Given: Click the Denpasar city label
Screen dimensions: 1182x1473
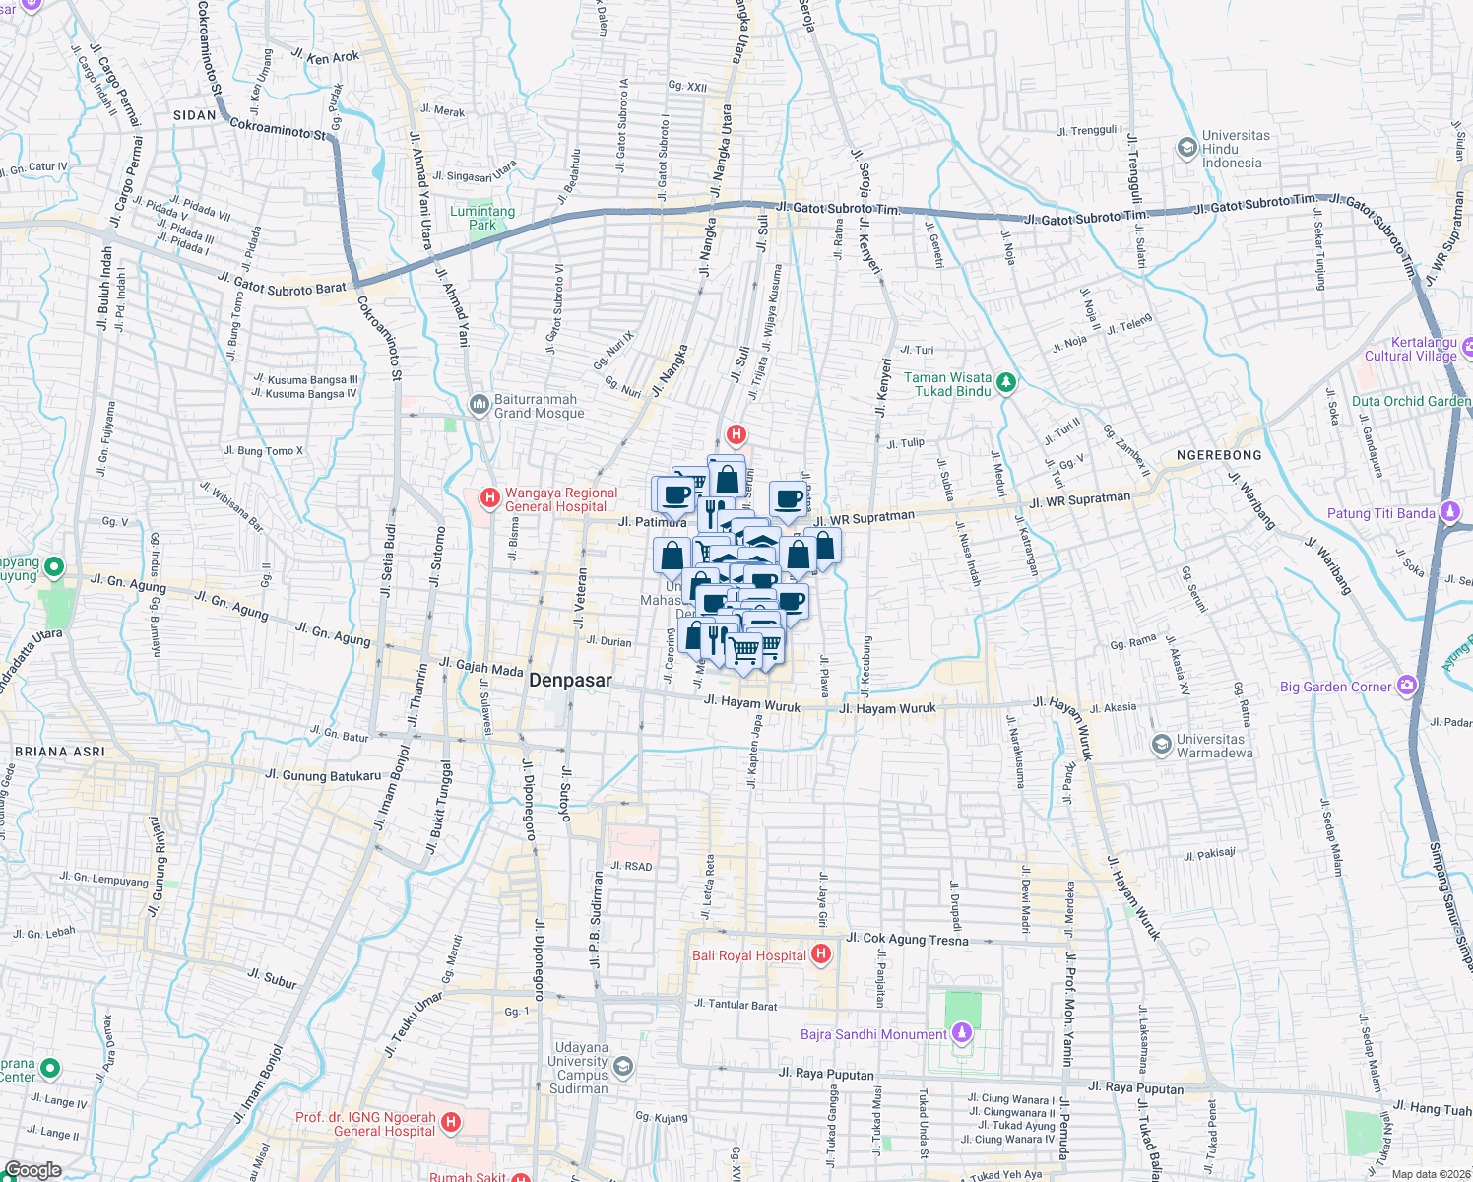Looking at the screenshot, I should [570, 681].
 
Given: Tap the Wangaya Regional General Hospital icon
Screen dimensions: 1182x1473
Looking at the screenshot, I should [489, 498].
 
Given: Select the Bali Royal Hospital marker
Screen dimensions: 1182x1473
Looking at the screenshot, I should [821, 954].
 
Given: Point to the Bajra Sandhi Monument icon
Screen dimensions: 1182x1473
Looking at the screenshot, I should [962, 1033].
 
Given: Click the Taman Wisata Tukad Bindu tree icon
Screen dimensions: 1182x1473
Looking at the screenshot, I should [1005, 382].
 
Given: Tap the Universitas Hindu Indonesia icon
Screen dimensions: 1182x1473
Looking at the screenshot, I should [1186, 149].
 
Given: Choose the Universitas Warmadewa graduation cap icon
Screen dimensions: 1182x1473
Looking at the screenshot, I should [1162, 745].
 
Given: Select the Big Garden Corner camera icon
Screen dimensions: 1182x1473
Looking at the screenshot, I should [1407, 686].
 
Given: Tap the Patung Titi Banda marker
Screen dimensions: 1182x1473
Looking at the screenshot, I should [1449, 512].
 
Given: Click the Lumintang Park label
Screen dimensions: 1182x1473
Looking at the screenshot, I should [482, 218].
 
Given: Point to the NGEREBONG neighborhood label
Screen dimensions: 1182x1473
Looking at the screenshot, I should [1219, 455].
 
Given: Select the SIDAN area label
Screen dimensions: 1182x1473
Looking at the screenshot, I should [194, 115].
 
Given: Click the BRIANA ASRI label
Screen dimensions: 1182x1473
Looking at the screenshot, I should [59, 752].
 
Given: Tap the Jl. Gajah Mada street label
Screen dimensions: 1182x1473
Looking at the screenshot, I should [481, 669].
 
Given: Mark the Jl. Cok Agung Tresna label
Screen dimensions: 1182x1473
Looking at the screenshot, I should [907, 939].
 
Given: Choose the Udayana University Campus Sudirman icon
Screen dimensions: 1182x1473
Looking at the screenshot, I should [622, 1067].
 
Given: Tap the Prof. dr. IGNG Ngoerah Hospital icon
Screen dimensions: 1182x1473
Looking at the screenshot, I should [451, 1123].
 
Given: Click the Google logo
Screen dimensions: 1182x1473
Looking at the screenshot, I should [32, 1170].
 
